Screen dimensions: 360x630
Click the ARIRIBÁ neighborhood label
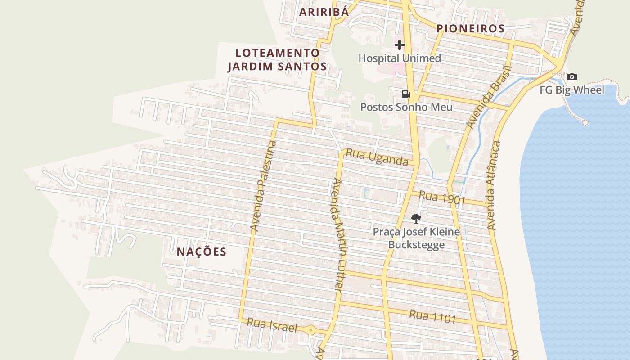point(324,12)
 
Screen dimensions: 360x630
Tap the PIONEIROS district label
point(471,29)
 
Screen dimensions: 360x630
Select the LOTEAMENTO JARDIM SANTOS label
point(277,60)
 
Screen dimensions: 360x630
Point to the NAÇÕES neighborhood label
point(201,252)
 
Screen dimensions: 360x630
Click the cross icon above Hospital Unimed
point(399,45)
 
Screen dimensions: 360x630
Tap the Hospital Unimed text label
point(400,58)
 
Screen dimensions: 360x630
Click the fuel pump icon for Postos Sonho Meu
point(406,94)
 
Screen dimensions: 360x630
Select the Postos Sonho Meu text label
point(406,107)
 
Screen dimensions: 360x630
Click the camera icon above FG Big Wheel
point(571,76)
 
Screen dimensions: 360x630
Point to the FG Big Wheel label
point(572,90)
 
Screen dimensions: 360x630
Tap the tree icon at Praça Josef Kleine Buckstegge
point(416,219)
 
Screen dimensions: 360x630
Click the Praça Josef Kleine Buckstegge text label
point(416,238)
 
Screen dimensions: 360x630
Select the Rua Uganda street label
point(377,157)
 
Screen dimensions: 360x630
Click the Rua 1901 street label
point(441,198)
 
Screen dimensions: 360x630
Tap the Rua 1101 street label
point(432,316)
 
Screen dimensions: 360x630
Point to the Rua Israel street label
point(272,325)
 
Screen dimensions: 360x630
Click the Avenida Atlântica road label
point(493,185)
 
